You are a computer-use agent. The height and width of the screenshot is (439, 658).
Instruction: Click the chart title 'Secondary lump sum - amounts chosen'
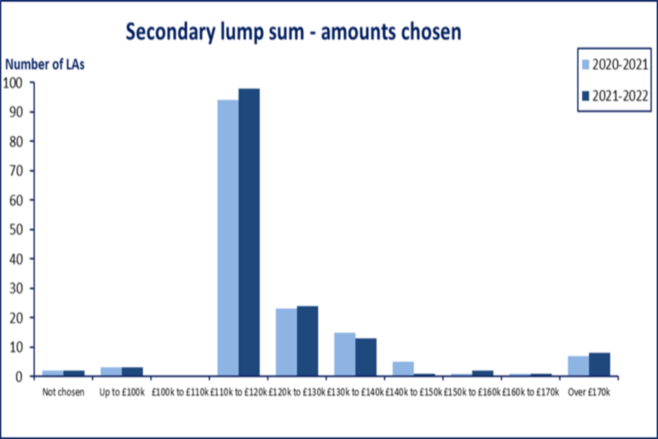point(293,31)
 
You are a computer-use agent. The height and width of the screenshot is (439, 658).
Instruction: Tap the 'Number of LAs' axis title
point(45,65)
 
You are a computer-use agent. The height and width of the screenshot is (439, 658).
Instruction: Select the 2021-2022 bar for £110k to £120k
point(249,233)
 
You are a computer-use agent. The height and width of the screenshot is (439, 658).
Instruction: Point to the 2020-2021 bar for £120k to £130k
point(287,342)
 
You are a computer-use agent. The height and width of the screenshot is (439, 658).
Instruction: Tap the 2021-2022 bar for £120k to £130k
point(307,341)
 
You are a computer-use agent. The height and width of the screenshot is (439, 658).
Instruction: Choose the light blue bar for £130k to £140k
point(345,354)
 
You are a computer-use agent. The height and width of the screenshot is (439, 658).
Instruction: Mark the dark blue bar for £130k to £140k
point(365,357)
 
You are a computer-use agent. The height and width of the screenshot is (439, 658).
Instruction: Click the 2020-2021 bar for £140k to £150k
point(404,369)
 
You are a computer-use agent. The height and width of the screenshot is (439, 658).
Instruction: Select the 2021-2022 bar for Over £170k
point(599,364)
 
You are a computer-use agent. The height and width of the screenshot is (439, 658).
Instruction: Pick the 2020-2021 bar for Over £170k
point(578,366)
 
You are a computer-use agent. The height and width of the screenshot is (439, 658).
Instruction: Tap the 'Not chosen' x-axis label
point(63,392)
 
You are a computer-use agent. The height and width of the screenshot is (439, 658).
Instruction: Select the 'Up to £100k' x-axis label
point(122,392)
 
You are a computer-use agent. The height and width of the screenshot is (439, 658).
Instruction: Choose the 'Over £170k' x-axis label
point(589,392)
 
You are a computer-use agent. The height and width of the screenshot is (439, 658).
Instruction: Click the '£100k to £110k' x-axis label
point(180,392)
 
